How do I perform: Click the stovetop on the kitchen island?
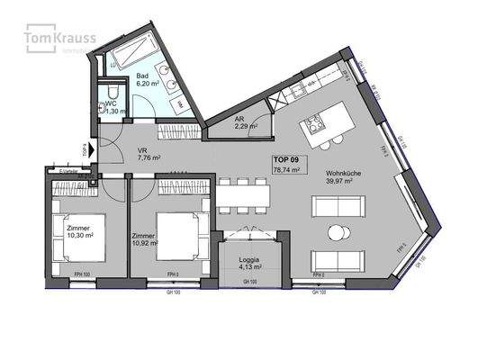[315, 124]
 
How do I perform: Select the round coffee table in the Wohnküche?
[337, 233]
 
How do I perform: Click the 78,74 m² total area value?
[286, 167]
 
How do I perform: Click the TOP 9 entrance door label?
[85, 150]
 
